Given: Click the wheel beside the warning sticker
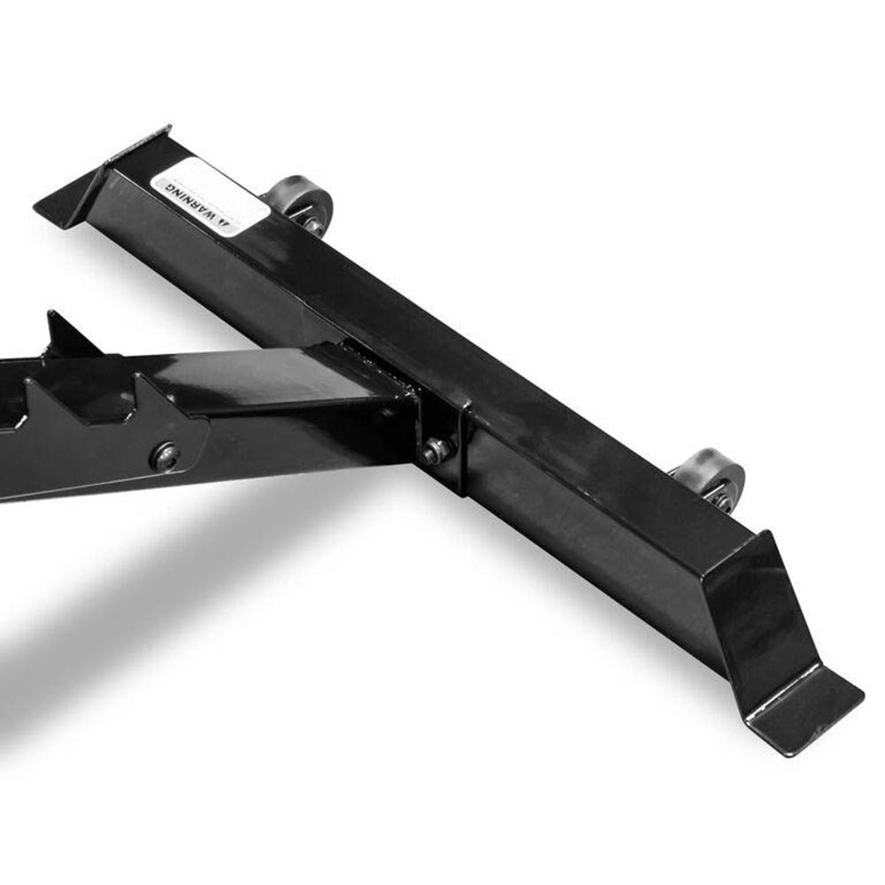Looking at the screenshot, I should (x=301, y=203).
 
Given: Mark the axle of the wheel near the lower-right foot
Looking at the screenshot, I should (x=722, y=499).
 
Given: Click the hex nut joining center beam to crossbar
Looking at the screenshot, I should (x=434, y=451).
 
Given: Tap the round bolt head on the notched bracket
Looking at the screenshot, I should (x=165, y=456).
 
